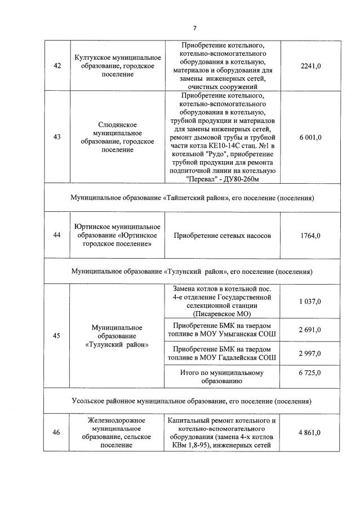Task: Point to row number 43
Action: pyautogui.click(x=57, y=138)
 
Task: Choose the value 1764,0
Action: pyautogui.click(x=310, y=236)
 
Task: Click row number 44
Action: pyautogui.click(x=57, y=236)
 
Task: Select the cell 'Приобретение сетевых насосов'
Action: pyautogui.click(x=223, y=236)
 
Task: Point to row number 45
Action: pyautogui.click(x=57, y=336)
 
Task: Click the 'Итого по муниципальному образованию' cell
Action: pyautogui.click(x=223, y=376)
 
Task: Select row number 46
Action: pyautogui.click(x=57, y=433)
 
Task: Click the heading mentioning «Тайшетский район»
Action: pyautogui.click(x=192, y=198)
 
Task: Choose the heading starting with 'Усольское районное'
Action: pyautogui.click(x=192, y=401)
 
